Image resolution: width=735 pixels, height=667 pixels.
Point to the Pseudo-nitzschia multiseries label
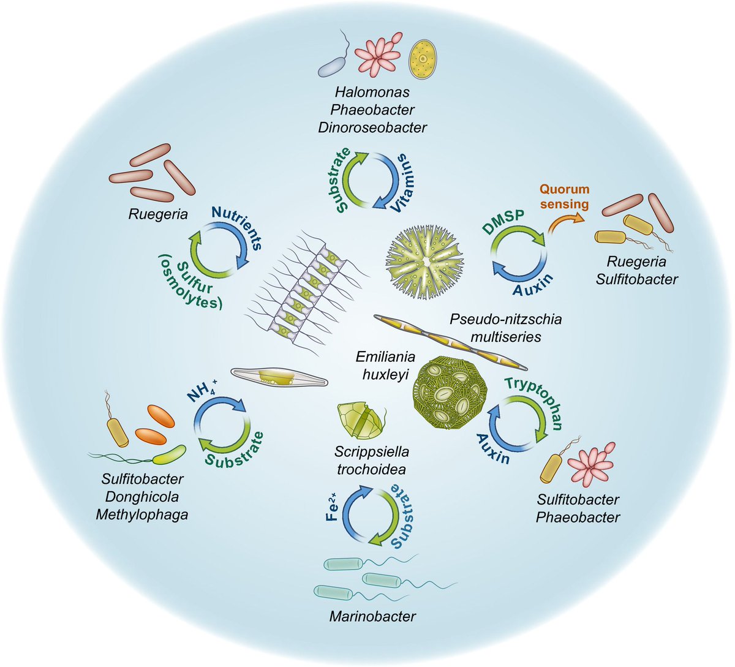point(505,328)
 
